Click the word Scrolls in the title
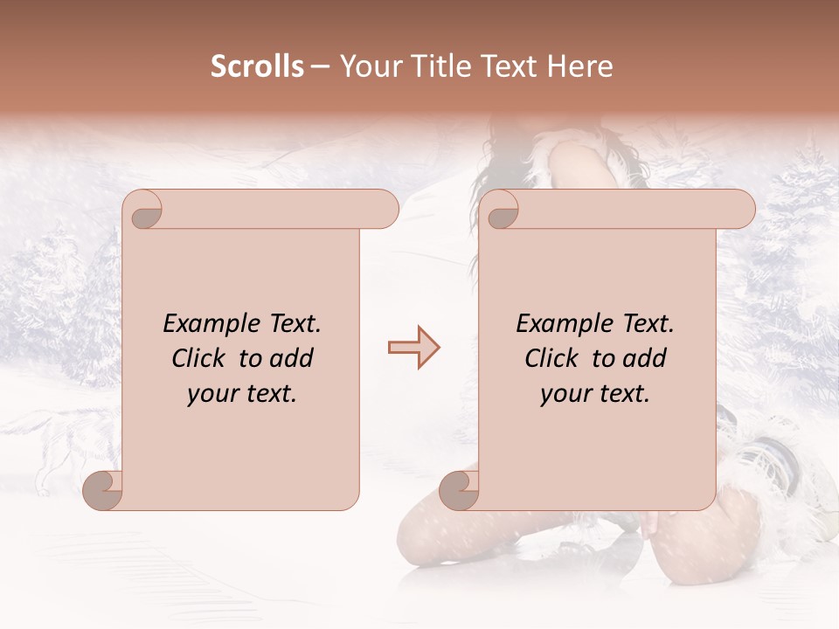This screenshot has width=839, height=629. pyautogui.click(x=257, y=66)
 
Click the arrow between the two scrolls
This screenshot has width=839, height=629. pyautogui.click(x=414, y=349)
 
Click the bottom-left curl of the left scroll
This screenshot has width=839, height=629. pyautogui.click(x=103, y=490)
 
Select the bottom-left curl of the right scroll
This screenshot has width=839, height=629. pyautogui.click(x=460, y=490)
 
